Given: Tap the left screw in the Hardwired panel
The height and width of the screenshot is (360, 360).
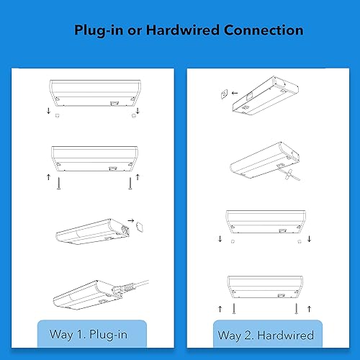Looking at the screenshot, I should pyautogui.click(x=233, y=307).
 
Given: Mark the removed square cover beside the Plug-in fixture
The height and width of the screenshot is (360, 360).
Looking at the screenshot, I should pyautogui.click(x=141, y=225).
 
